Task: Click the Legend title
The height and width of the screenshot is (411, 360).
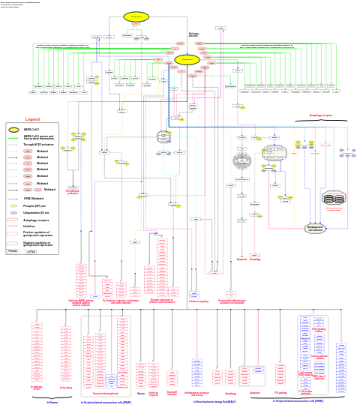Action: (32, 119)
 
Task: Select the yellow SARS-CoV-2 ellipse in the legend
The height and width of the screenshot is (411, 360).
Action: (13, 130)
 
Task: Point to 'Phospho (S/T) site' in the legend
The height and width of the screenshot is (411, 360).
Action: (35, 205)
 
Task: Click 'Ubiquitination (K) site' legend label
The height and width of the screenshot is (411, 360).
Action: (37, 213)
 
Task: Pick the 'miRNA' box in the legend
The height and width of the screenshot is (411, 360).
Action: (31, 251)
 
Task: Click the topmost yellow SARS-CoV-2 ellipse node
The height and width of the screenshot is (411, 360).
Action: (136, 16)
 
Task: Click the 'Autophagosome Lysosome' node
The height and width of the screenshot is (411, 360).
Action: (315, 228)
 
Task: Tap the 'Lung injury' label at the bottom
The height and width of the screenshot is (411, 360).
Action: (66, 388)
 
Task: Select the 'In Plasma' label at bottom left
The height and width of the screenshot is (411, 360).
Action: (52, 403)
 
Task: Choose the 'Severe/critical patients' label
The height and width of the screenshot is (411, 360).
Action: (105, 393)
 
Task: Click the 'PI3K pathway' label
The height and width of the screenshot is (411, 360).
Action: (280, 392)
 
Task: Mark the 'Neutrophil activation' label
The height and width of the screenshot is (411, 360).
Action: (172, 392)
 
